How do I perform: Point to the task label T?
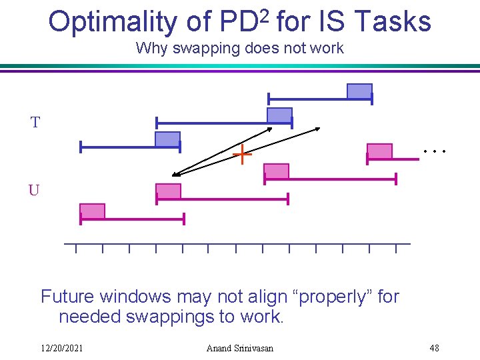point(35,122)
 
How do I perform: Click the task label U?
point(34,190)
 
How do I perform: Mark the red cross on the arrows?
point(242,155)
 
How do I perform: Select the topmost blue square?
point(359,91)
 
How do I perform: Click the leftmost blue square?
point(167,139)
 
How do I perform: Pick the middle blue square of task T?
point(279,115)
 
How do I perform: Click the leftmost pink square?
point(93,211)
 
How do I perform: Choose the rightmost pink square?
point(379,151)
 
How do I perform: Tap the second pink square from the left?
point(168,191)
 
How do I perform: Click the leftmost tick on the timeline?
point(76,249)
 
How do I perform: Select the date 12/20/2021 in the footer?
point(61,348)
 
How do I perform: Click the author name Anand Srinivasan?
point(239,348)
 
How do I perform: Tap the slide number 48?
point(434,348)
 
